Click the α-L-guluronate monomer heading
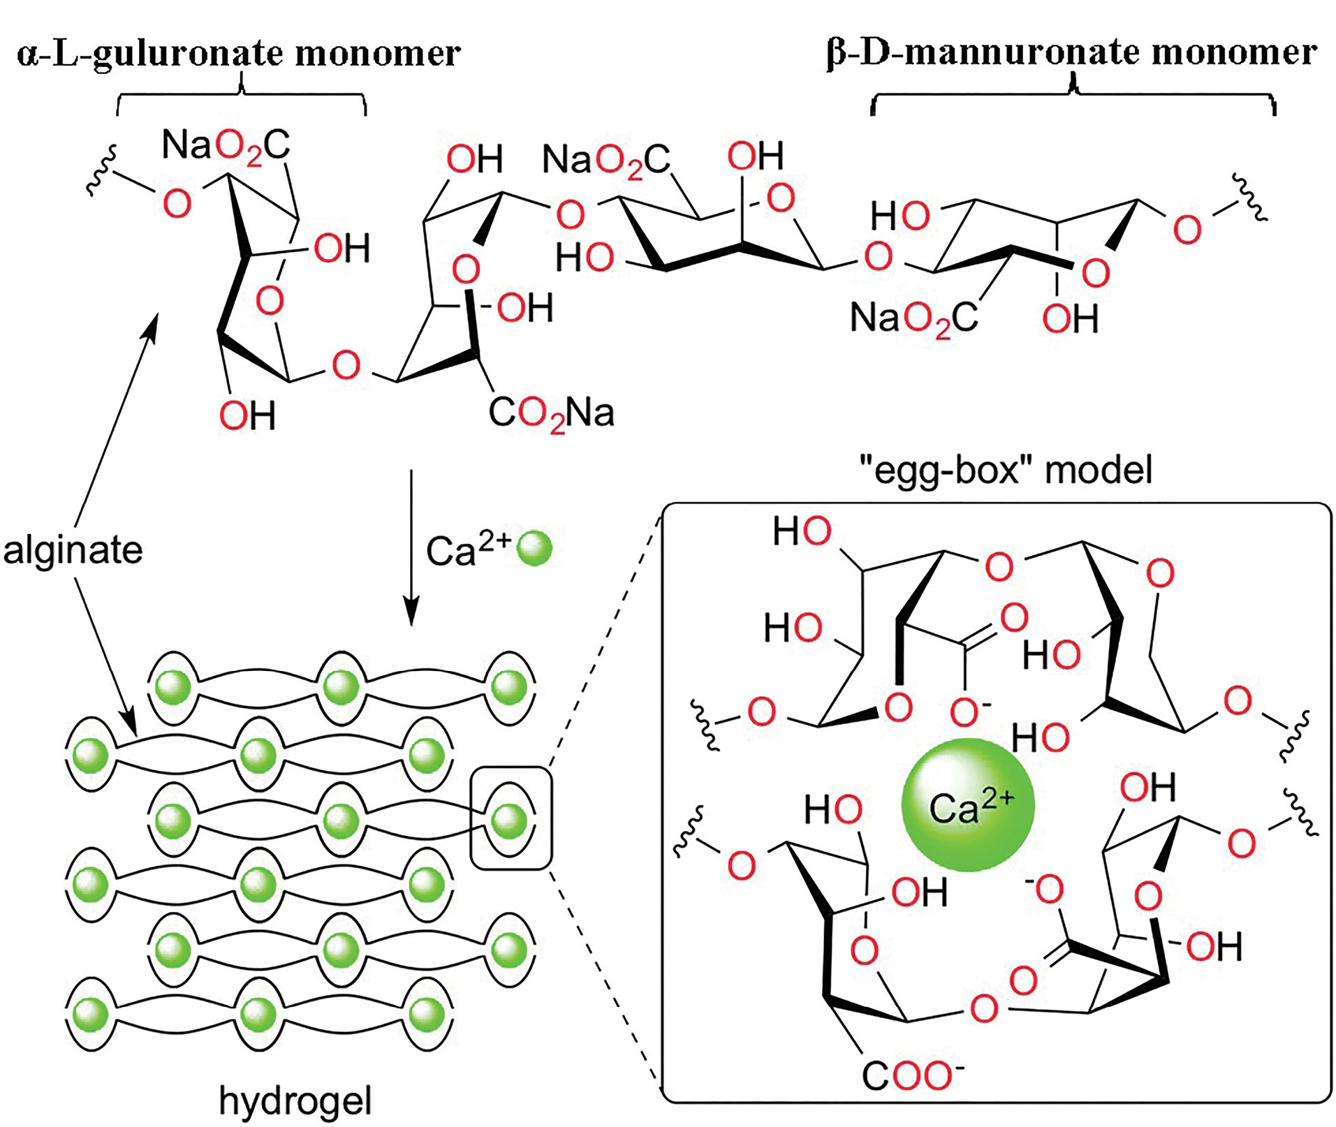tap(238, 53)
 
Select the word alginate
tap(73, 550)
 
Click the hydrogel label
tap(295, 1100)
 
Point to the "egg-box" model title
tap(1006, 469)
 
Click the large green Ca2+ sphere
tap(967, 804)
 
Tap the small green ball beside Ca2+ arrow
tap(535, 548)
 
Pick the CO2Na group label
tap(551, 413)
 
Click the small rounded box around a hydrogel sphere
tap(511, 818)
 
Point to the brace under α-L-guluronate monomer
tap(241, 98)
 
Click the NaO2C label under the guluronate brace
tap(226, 146)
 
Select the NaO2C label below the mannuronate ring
tap(913, 318)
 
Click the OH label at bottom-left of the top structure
tap(247, 415)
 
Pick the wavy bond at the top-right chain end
tap(1250, 198)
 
